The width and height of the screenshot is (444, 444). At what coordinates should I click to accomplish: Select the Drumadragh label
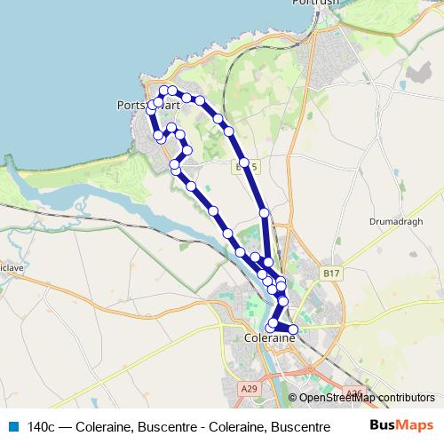click(392, 220)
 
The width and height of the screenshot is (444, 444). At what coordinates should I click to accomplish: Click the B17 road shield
click(330, 274)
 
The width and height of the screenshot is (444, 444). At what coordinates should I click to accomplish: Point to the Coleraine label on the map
click(268, 337)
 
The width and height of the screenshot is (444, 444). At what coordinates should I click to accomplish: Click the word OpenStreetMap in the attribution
click(338, 397)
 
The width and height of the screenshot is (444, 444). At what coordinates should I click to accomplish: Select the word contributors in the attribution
click(408, 397)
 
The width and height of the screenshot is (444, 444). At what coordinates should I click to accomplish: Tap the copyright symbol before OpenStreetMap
click(294, 397)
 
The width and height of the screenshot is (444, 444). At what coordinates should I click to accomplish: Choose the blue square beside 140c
click(12, 426)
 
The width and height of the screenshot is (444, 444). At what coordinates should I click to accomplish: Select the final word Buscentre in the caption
click(288, 426)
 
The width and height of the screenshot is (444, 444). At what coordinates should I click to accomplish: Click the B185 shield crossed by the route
click(250, 165)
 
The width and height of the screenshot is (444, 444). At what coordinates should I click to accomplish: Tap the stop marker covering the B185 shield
click(244, 163)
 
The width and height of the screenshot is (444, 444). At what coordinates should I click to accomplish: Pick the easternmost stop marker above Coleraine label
click(293, 331)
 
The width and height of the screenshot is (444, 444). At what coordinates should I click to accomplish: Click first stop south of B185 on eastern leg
click(264, 213)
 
